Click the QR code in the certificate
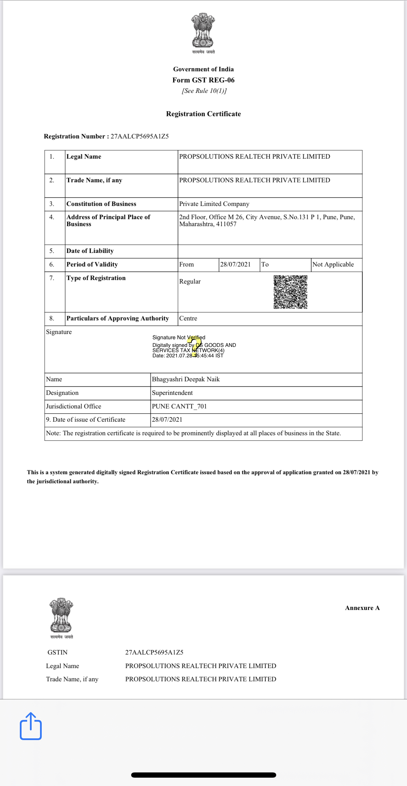click(290, 292)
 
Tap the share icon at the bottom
click(31, 727)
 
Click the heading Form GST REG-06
click(203, 80)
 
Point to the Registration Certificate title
click(203, 114)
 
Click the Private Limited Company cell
click(214, 204)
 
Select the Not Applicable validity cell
click(333, 264)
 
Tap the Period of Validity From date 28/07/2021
click(236, 264)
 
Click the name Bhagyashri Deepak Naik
click(186, 379)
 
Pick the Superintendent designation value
click(172, 393)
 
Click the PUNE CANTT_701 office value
click(179, 406)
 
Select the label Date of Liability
click(90, 251)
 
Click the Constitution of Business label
click(101, 204)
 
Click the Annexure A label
click(362, 608)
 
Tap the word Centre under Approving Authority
click(188, 318)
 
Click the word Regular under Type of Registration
click(190, 281)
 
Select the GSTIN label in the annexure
click(57, 652)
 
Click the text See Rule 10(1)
click(204, 91)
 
